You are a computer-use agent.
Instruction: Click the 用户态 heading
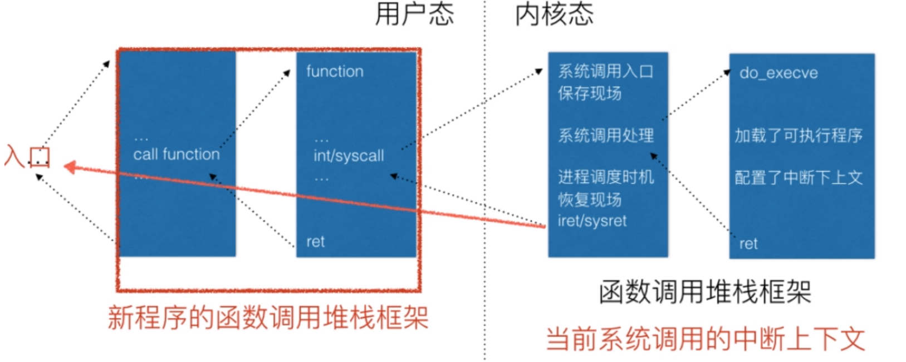[414, 14]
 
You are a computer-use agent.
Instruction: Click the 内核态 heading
[554, 14]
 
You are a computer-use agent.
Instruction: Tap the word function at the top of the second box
[335, 71]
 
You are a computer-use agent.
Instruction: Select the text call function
[177, 154]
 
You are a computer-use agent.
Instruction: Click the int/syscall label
[349, 156]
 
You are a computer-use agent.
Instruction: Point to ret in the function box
[315, 241]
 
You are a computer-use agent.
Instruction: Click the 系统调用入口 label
[605, 71]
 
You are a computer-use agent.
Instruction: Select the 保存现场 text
[590, 93]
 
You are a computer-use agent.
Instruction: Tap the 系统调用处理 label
[606, 135]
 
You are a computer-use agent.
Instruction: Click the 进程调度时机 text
[606, 177]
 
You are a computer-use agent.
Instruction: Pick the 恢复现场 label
[590, 199]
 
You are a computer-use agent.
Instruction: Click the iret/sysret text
[592, 221]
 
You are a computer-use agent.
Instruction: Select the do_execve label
[778, 73]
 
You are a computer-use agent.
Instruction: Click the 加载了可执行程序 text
[799, 135]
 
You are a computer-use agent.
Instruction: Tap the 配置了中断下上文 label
[799, 177]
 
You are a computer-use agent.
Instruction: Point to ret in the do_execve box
[748, 244]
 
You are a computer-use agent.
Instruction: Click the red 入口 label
[27, 156]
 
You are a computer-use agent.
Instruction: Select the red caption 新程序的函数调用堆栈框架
[268, 318]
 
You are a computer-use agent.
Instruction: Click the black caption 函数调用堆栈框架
[704, 291]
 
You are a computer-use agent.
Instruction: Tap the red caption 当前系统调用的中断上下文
[705, 339]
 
